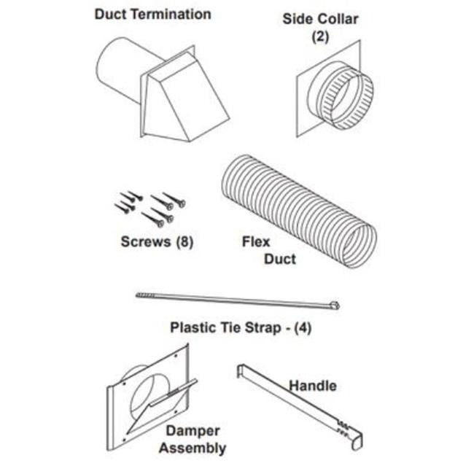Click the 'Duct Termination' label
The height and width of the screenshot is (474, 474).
(x=152, y=15)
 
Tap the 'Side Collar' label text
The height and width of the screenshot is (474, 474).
(x=320, y=19)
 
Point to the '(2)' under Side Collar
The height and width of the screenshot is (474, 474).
(x=320, y=36)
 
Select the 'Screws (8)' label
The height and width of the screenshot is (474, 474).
(x=157, y=242)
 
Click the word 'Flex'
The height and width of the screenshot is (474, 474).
(x=256, y=242)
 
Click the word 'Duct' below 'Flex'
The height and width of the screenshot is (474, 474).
(x=280, y=260)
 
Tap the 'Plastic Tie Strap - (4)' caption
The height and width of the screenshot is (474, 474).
(x=241, y=328)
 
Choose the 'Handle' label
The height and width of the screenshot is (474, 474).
(x=313, y=386)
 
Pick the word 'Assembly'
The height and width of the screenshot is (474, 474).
(x=193, y=448)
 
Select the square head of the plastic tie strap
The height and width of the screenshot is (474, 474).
(x=335, y=306)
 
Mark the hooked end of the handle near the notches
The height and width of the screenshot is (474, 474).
(x=357, y=440)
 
